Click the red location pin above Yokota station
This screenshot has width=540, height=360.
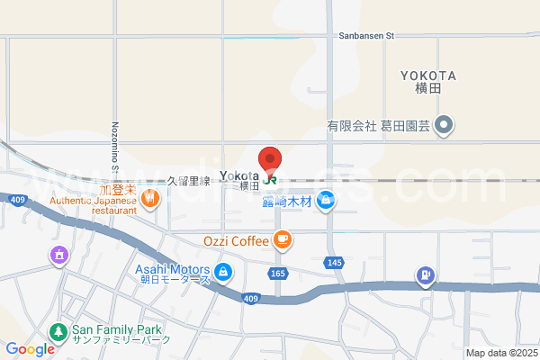270,158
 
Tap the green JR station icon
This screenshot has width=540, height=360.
270,179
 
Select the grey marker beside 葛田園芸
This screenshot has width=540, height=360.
444,126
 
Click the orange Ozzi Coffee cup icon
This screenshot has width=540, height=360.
283,239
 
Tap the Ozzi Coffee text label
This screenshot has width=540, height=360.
236,240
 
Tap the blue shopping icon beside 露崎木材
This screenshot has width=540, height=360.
326,201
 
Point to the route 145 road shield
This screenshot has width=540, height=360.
335,262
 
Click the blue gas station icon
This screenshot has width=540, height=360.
425,274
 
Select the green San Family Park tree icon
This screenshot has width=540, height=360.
58,331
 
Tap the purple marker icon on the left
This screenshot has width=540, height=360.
59,256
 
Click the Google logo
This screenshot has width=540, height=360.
31,349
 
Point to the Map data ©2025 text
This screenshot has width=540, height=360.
500,353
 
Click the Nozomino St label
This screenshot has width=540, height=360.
115,148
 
